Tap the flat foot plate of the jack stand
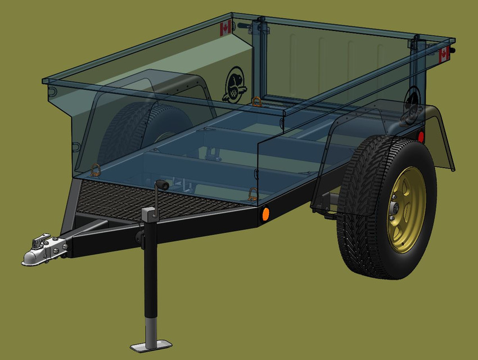tap(151, 344)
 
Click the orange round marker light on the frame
tap(265, 214)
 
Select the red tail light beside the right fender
tap(421, 137)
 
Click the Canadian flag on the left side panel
tap(226, 29)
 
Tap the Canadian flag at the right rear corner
tap(444, 55)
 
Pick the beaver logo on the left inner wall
tap(234, 83)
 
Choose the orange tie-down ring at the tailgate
tap(256, 101)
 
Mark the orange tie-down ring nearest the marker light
tap(253, 193)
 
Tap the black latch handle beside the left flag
tap(243, 25)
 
